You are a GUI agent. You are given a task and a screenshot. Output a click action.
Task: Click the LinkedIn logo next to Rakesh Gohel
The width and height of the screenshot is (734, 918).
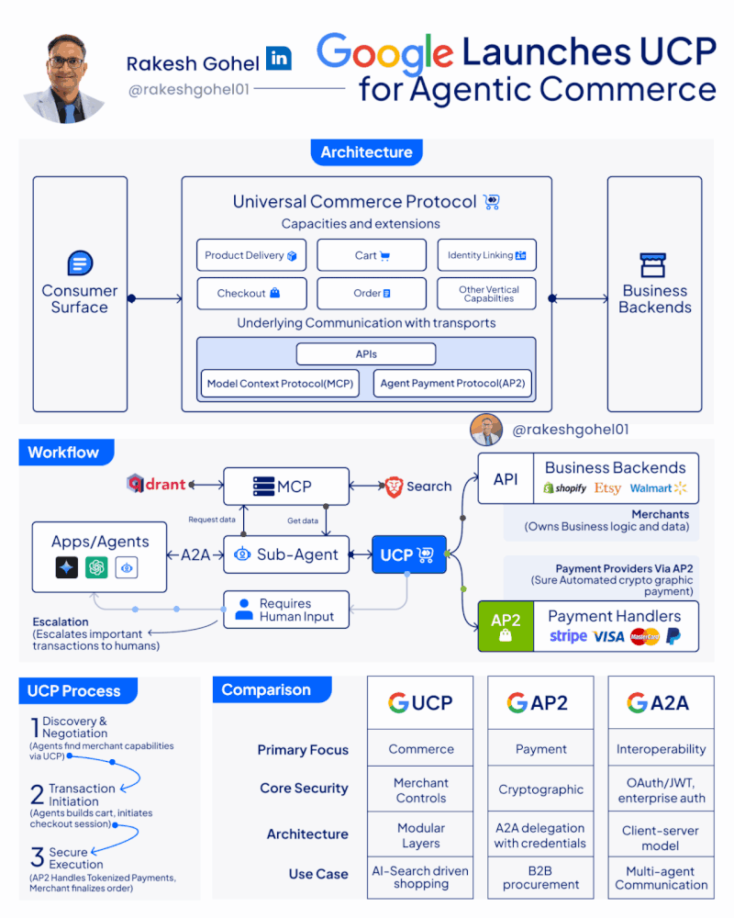tap(279, 59)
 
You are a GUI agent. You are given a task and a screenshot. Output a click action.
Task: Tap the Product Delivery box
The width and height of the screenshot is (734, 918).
tap(250, 255)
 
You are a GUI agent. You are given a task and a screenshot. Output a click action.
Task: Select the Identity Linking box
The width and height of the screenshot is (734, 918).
tap(486, 255)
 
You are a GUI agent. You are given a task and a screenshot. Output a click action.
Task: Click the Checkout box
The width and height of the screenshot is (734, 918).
tap(250, 294)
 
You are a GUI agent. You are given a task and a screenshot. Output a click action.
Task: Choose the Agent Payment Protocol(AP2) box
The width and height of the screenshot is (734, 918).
tap(453, 384)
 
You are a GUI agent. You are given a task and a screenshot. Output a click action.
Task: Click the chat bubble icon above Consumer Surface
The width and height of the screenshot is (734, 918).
tap(80, 264)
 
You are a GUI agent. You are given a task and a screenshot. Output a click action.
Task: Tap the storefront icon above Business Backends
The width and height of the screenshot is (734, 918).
tap(654, 265)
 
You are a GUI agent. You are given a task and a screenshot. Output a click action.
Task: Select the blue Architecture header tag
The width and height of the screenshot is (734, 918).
tap(366, 152)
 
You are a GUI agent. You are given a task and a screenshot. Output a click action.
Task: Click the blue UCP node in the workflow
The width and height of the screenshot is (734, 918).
tap(408, 554)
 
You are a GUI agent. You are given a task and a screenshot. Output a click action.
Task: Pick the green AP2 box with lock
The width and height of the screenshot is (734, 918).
tap(505, 626)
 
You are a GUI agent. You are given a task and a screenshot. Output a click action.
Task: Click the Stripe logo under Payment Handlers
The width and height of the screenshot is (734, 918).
tap(568, 636)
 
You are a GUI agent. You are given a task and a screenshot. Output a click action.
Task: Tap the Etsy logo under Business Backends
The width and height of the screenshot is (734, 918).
tap(608, 488)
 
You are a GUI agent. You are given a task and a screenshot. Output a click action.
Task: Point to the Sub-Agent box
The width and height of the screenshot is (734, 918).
tap(286, 554)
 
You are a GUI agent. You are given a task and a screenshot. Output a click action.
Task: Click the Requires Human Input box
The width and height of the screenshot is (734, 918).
tap(286, 610)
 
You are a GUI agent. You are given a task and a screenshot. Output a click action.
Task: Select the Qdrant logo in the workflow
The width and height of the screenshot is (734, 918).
tap(157, 484)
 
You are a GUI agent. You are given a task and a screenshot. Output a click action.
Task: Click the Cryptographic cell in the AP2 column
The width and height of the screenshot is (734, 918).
tap(540, 789)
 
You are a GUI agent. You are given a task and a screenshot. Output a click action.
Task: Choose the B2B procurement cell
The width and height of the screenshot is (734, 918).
tap(540, 878)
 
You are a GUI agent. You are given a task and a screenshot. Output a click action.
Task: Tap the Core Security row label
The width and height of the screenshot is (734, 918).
tap(304, 789)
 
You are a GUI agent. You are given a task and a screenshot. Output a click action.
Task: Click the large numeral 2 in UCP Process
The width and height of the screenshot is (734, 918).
tap(37, 794)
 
